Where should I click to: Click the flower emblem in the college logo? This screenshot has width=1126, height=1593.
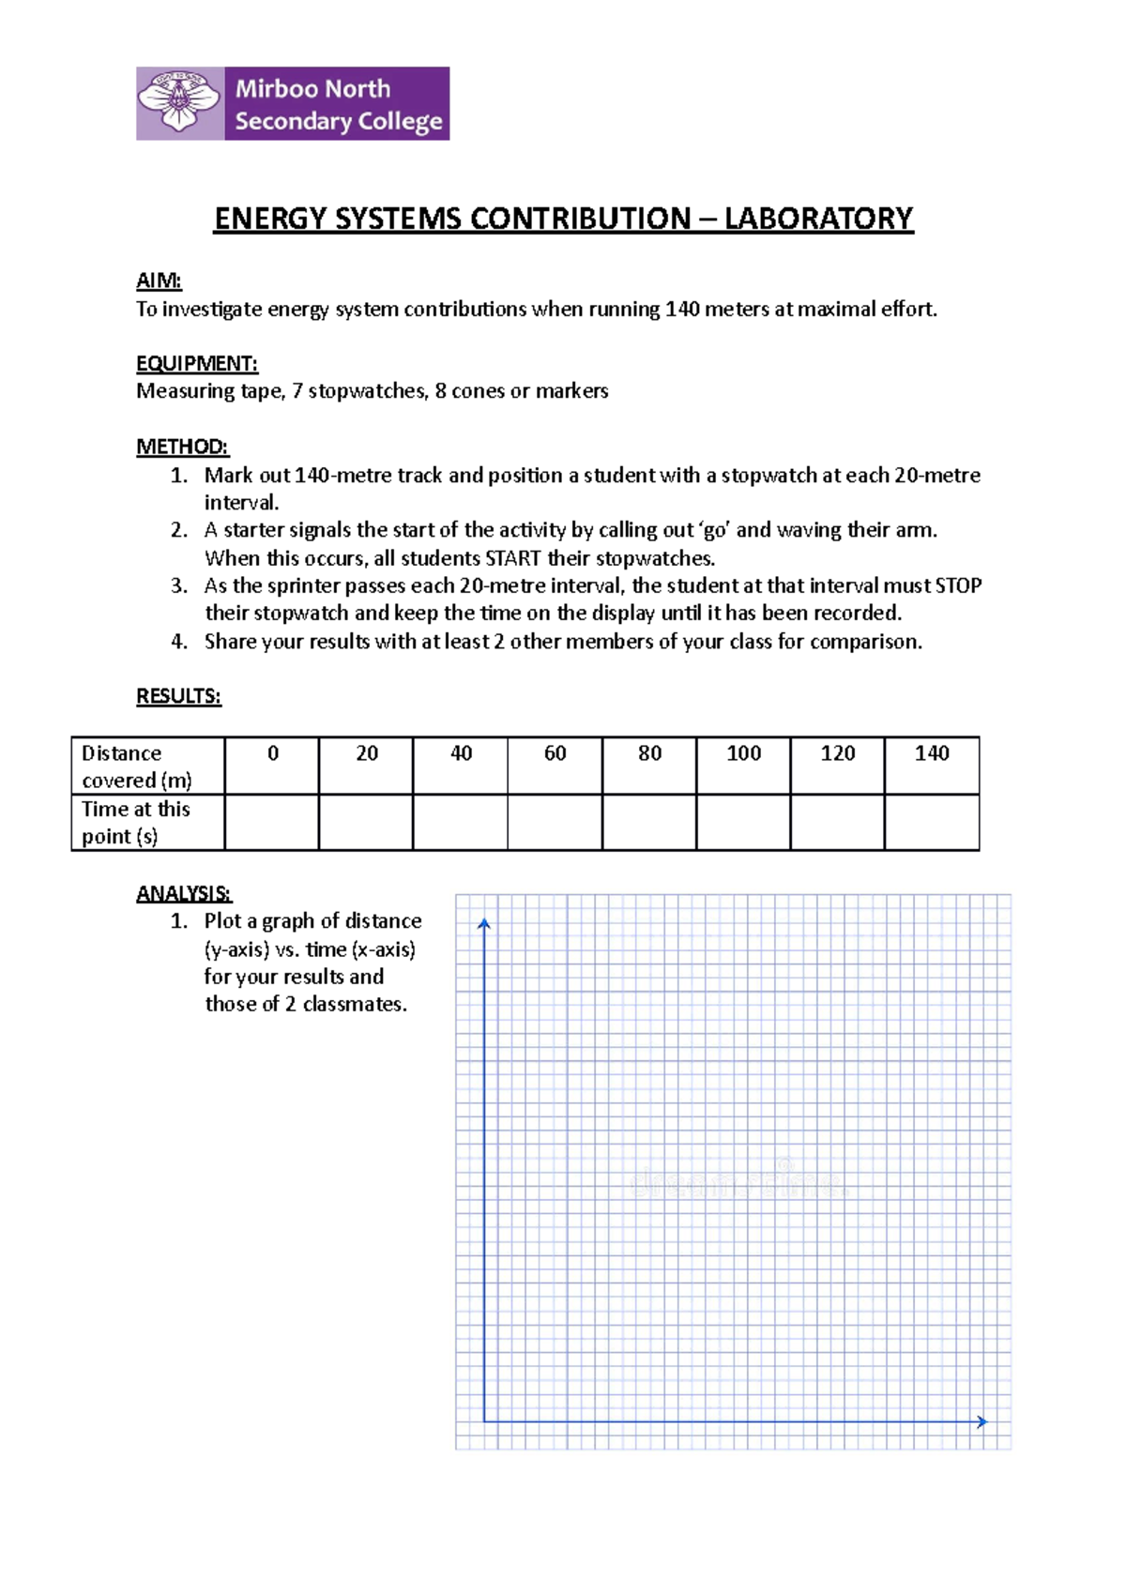point(180,103)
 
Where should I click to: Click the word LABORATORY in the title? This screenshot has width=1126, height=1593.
point(818,219)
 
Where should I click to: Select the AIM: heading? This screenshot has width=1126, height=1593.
point(159,281)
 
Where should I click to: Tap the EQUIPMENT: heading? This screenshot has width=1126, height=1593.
point(196,363)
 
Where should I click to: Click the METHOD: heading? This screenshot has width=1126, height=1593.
point(182,447)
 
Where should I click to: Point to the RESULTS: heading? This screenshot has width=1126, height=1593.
point(178,696)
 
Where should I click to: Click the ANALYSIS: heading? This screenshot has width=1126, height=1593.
point(184,893)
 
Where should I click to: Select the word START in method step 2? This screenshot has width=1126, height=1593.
point(512,558)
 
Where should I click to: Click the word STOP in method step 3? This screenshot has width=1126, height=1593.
point(958,586)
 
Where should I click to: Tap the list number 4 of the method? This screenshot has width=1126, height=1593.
point(179,642)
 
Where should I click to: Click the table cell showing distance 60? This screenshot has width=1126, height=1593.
point(555,753)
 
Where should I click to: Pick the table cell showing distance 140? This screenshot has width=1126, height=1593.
point(932,753)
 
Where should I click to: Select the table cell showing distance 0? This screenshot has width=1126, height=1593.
point(272,753)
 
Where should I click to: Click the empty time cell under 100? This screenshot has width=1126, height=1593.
point(743,823)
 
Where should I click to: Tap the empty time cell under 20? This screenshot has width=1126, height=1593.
point(366,823)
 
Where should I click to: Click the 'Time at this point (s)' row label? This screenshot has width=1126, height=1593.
point(137,823)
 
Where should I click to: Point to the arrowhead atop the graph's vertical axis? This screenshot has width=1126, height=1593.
point(484,925)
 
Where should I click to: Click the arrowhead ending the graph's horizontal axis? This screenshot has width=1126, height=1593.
point(981,1421)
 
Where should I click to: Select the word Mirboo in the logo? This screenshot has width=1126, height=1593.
point(276,89)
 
